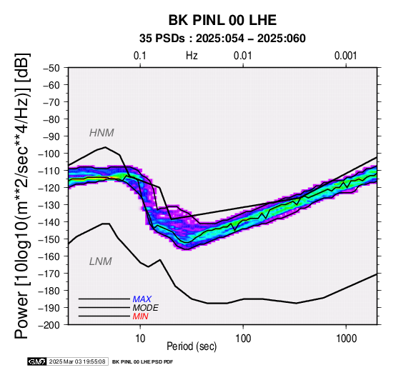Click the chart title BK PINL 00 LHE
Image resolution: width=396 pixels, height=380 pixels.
(x=222, y=20)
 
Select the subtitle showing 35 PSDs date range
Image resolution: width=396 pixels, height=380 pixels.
(x=222, y=39)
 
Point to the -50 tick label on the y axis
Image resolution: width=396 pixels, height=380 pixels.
(x=51, y=68)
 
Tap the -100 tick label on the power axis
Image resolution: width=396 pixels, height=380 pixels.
(x=49, y=154)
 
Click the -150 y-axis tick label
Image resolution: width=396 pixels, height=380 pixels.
(x=49, y=239)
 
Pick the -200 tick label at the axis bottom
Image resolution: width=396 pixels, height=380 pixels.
(x=49, y=325)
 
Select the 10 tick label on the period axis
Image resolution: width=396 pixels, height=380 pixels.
(x=140, y=339)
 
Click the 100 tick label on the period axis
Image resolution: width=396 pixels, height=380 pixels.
(x=243, y=339)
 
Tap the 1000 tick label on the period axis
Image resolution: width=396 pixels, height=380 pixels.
(x=346, y=339)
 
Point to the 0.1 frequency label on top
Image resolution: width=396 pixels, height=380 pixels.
(x=140, y=56)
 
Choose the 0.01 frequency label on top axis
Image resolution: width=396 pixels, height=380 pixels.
(x=243, y=56)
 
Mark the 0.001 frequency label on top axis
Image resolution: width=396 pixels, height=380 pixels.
(x=345, y=56)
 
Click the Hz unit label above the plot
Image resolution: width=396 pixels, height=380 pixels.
(x=192, y=56)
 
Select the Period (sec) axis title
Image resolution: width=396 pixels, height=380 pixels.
(x=192, y=346)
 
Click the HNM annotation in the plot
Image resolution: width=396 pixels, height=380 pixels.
(x=102, y=133)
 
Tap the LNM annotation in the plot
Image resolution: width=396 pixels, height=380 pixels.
(x=101, y=261)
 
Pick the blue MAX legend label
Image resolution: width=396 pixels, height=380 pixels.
(x=142, y=299)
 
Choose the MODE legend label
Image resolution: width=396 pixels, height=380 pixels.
(x=146, y=308)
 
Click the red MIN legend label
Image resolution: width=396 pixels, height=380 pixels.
(x=140, y=316)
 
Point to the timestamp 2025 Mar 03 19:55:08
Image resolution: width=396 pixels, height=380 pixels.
(x=77, y=361)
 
